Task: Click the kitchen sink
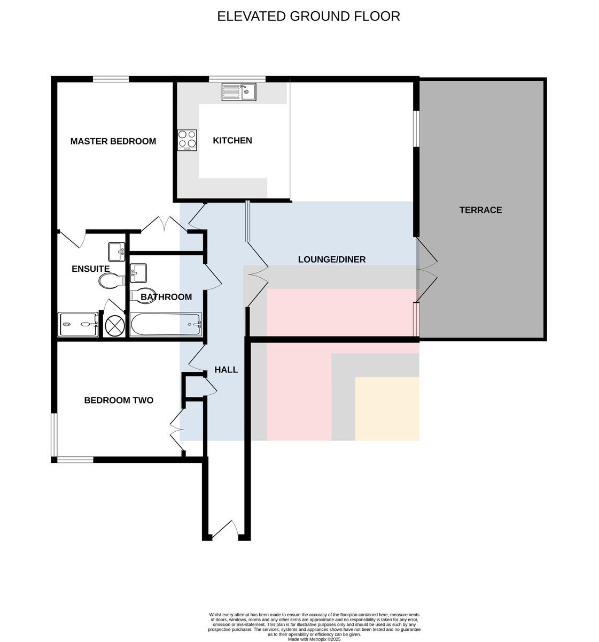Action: click(x=239, y=92)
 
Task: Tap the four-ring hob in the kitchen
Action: click(x=187, y=140)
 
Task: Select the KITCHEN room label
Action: click(x=232, y=140)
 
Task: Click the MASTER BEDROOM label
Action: click(x=113, y=141)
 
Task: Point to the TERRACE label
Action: click(x=480, y=210)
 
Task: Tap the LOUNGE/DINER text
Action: click(x=332, y=259)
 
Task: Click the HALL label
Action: click(x=226, y=370)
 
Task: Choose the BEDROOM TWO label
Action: click(x=119, y=400)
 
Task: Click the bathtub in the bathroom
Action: click(x=166, y=324)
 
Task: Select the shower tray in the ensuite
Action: click(x=78, y=325)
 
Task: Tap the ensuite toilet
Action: click(x=112, y=280)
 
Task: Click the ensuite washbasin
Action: click(x=116, y=252)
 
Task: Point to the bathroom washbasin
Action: click(x=138, y=273)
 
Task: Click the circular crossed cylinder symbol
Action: click(x=115, y=325)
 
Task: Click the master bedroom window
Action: click(x=111, y=79)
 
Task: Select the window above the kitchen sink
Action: click(x=237, y=79)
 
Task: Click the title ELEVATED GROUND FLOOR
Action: click(x=308, y=16)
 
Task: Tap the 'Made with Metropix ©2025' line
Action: click(x=314, y=639)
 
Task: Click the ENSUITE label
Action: click(x=91, y=269)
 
